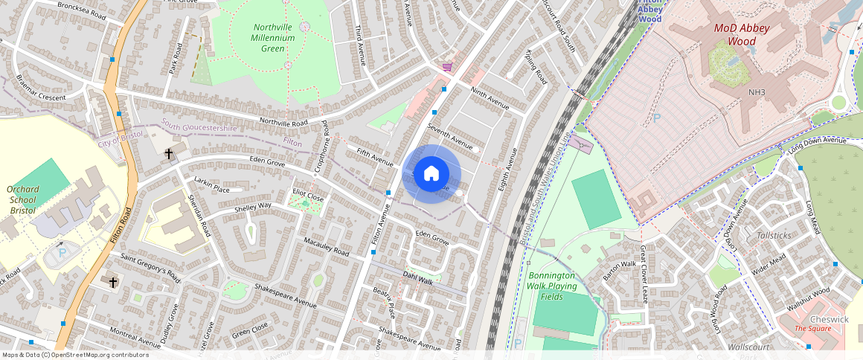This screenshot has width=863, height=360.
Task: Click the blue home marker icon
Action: pyautogui.click(x=431, y=175)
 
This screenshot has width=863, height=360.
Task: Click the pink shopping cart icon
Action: pyautogui.click(x=446, y=66)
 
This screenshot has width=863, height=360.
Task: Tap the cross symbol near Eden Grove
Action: pyautogui.click(x=169, y=155)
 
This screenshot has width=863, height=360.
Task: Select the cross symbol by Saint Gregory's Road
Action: pyautogui.click(x=113, y=283)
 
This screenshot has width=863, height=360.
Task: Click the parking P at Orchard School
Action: pyautogui.click(x=62, y=253)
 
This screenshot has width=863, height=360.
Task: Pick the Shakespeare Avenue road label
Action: pyautogui.click(x=286, y=295)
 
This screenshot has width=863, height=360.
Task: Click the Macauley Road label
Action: pyautogui.click(x=327, y=248)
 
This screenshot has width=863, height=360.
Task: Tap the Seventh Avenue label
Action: pyautogui.click(x=449, y=138)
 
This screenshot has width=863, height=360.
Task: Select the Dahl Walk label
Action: pyautogui.click(x=417, y=278)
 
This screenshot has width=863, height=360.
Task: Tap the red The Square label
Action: pyautogui.click(x=812, y=329)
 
